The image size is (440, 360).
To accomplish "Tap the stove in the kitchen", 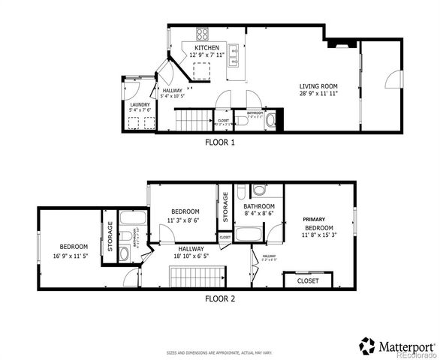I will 203,34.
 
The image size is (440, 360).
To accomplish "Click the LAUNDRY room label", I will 140,105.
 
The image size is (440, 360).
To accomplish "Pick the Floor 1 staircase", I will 193,120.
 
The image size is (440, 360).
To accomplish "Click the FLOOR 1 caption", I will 220,141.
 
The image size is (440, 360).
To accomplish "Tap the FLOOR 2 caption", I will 220,298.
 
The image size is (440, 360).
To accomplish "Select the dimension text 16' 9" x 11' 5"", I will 74,256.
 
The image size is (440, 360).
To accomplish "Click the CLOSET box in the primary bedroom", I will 308,280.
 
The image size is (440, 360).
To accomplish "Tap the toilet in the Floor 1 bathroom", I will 271,118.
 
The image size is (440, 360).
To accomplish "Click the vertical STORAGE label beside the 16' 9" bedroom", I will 110,239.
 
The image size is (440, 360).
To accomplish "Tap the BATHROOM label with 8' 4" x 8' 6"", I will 259,206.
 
